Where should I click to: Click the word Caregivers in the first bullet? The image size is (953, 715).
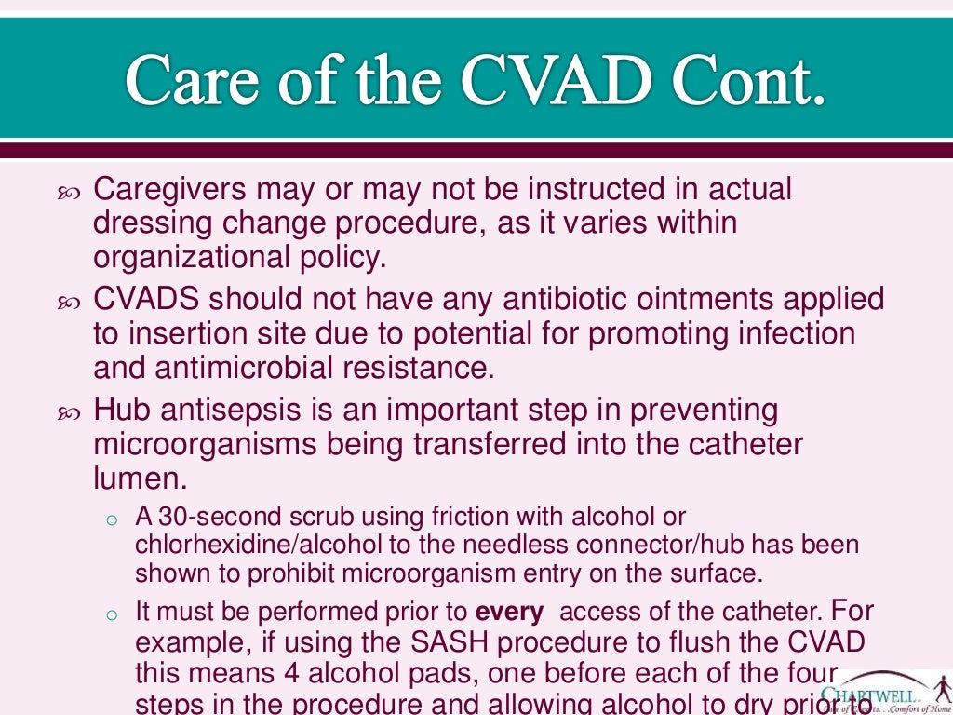pos(170,190)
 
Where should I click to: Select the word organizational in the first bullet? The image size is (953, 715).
pos(195,257)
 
